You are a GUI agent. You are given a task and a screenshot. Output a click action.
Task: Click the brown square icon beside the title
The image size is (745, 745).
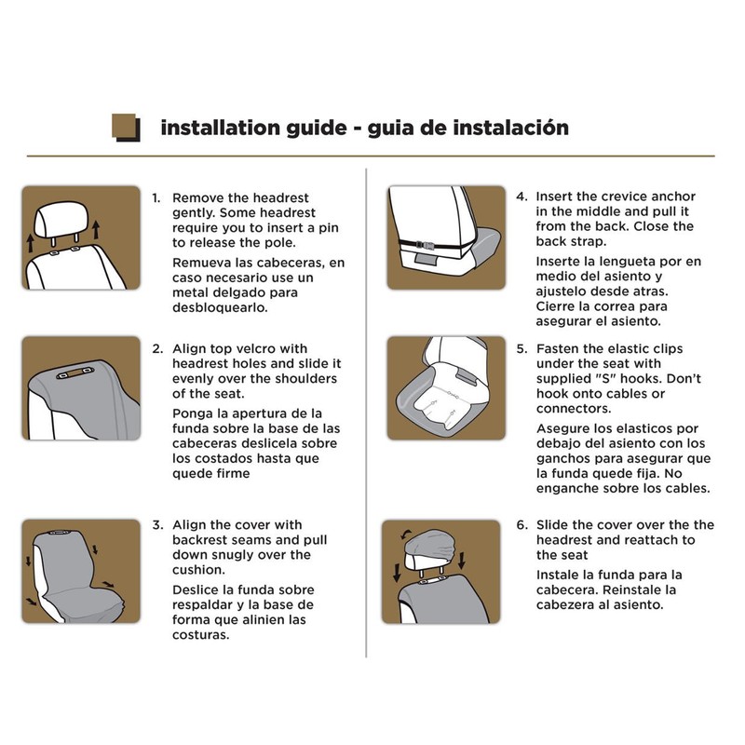tap(126, 127)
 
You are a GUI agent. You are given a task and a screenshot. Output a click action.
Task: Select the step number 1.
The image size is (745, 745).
tap(156, 198)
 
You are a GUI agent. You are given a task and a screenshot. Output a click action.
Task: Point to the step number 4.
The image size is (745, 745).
tap(521, 196)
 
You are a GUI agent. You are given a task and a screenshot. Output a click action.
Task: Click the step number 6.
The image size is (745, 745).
tap(522, 525)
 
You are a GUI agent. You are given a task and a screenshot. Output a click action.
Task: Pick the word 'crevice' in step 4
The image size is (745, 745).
tap(622, 196)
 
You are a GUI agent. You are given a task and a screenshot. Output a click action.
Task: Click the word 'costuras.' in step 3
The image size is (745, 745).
tap(200, 635)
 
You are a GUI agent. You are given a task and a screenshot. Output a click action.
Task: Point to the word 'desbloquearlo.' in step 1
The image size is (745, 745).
tap(220, 308)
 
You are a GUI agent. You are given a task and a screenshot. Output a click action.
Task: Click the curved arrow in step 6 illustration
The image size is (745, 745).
tap(406, 535)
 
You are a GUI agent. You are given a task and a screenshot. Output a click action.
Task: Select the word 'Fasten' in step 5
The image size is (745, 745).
tap(558, 348)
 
